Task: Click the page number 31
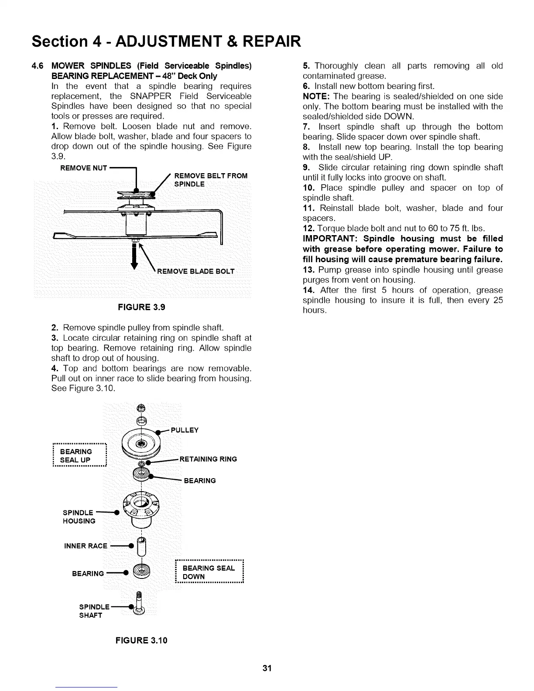click(x=267, y=668)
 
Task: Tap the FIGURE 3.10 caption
click(x=141, y=640)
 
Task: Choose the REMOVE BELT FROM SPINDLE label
click(x=210, y=180)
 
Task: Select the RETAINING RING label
click(x=208, y=459)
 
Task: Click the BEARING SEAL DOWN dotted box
click(x=209, y=572)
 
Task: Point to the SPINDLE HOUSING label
click(x=79, y=517)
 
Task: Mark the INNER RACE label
click(x=86, y=546)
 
